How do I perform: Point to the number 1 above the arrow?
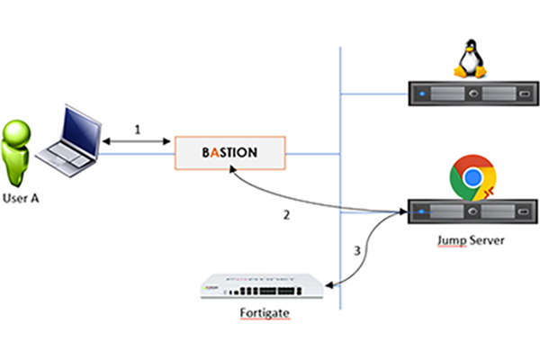click(x=138, y=130)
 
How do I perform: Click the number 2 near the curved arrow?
click(x=286, y=215)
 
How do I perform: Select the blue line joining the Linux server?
click(x=373, y=92)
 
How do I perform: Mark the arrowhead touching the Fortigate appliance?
click(x=329, y=286)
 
